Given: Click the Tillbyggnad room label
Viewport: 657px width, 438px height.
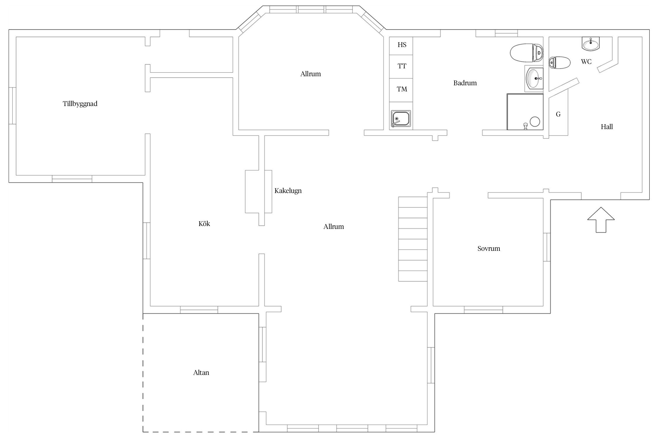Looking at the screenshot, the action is coord(80,104).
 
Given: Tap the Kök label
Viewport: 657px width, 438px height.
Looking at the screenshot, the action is coord(204,224).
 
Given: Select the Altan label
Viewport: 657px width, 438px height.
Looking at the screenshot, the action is coord(201,373).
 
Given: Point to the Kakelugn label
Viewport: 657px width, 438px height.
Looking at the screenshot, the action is coord(288,191).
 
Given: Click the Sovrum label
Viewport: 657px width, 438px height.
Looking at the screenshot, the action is coord(489,248).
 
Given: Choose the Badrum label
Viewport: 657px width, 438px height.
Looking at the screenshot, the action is coord(465,83).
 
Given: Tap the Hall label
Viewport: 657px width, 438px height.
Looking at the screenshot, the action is coord(607,127).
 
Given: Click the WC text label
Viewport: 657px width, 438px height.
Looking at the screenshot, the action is coord(586,62).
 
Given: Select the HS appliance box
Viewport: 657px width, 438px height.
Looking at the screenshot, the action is coord(401,46).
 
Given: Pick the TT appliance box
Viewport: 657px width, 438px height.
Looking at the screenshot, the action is coord(401,67).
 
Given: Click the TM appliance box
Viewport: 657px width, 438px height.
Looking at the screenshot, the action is coord(401,90).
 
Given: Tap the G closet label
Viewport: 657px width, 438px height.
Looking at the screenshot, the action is coord(558,114).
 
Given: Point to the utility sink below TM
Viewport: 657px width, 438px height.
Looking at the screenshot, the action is coord(401,119).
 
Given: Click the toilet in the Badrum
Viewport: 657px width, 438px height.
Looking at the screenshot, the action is coord(527,53).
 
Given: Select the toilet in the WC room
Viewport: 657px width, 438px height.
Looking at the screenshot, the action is coord(559,62).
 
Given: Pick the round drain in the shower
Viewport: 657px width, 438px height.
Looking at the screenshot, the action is coord(535,122).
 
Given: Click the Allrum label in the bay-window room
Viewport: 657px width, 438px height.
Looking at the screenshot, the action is coord(311,74).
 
